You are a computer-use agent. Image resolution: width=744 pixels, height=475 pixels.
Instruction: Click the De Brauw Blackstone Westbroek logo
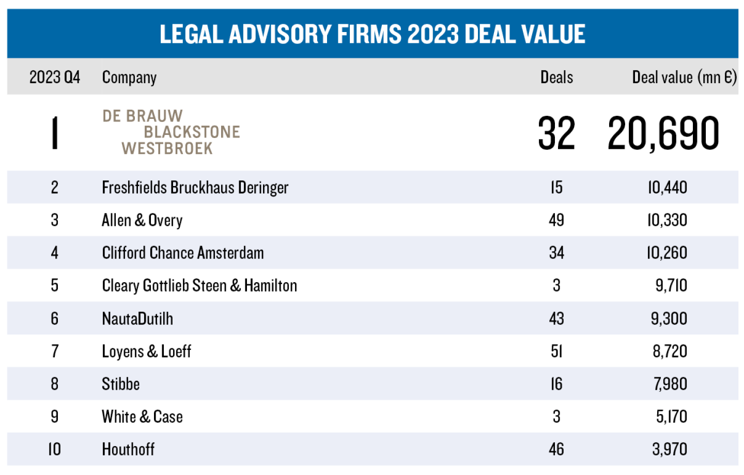click(x=171, y=132)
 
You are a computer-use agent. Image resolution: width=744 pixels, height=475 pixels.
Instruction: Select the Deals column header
click(x=556, y=78)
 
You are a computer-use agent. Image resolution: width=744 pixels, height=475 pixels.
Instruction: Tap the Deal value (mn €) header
click(x=684, y=78)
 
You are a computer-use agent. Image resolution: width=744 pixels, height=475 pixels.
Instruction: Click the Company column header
click(x=129, y=78)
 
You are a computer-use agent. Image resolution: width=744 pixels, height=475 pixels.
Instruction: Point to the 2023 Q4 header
click(x=55, y=78)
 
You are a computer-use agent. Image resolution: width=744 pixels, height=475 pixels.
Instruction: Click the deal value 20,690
click(x=663, y=133)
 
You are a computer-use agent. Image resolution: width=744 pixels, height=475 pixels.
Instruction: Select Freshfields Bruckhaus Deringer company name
click(x=195, y=188)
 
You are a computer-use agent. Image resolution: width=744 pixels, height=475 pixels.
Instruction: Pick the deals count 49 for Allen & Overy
click(x=556, y=220)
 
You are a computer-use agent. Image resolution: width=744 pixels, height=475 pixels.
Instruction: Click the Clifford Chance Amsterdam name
click(x=183, y=253)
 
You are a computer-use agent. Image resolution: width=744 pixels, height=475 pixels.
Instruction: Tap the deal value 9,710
click(x=671, y=285)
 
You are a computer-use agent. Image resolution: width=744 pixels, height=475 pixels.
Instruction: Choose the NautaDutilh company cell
click(x=137, y=318)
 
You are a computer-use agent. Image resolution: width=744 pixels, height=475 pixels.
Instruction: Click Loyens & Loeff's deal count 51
click(x=556, y=351)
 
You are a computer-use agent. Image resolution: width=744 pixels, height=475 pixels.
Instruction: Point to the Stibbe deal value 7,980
click(x=670, y=384)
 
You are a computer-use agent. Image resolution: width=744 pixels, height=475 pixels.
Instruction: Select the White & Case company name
click(x=142, y=417)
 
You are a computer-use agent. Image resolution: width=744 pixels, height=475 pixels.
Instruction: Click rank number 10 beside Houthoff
click(x=54, y=449)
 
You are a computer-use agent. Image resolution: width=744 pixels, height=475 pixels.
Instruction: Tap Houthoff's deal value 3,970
click(x=670, y=449)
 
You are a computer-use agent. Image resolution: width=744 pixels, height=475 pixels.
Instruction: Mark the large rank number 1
click(x=55, y=133)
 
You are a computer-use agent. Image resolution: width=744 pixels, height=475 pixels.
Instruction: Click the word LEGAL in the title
click(x=191, y=34)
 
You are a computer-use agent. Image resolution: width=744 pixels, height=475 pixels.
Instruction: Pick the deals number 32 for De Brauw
click(x=556, y=133)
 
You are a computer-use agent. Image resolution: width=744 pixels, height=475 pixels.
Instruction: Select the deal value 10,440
click(x=668, y=188)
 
